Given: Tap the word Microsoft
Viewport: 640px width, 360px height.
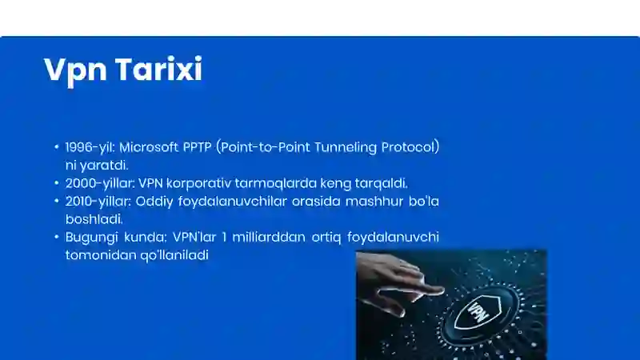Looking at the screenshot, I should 150,147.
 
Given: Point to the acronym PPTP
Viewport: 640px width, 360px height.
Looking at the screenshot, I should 198,147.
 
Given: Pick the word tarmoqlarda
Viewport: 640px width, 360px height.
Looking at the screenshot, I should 270,182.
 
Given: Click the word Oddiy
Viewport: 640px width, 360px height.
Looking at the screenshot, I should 162,201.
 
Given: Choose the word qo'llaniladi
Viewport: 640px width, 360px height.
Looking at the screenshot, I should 174,254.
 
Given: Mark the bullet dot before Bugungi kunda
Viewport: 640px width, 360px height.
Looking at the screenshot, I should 57,237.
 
